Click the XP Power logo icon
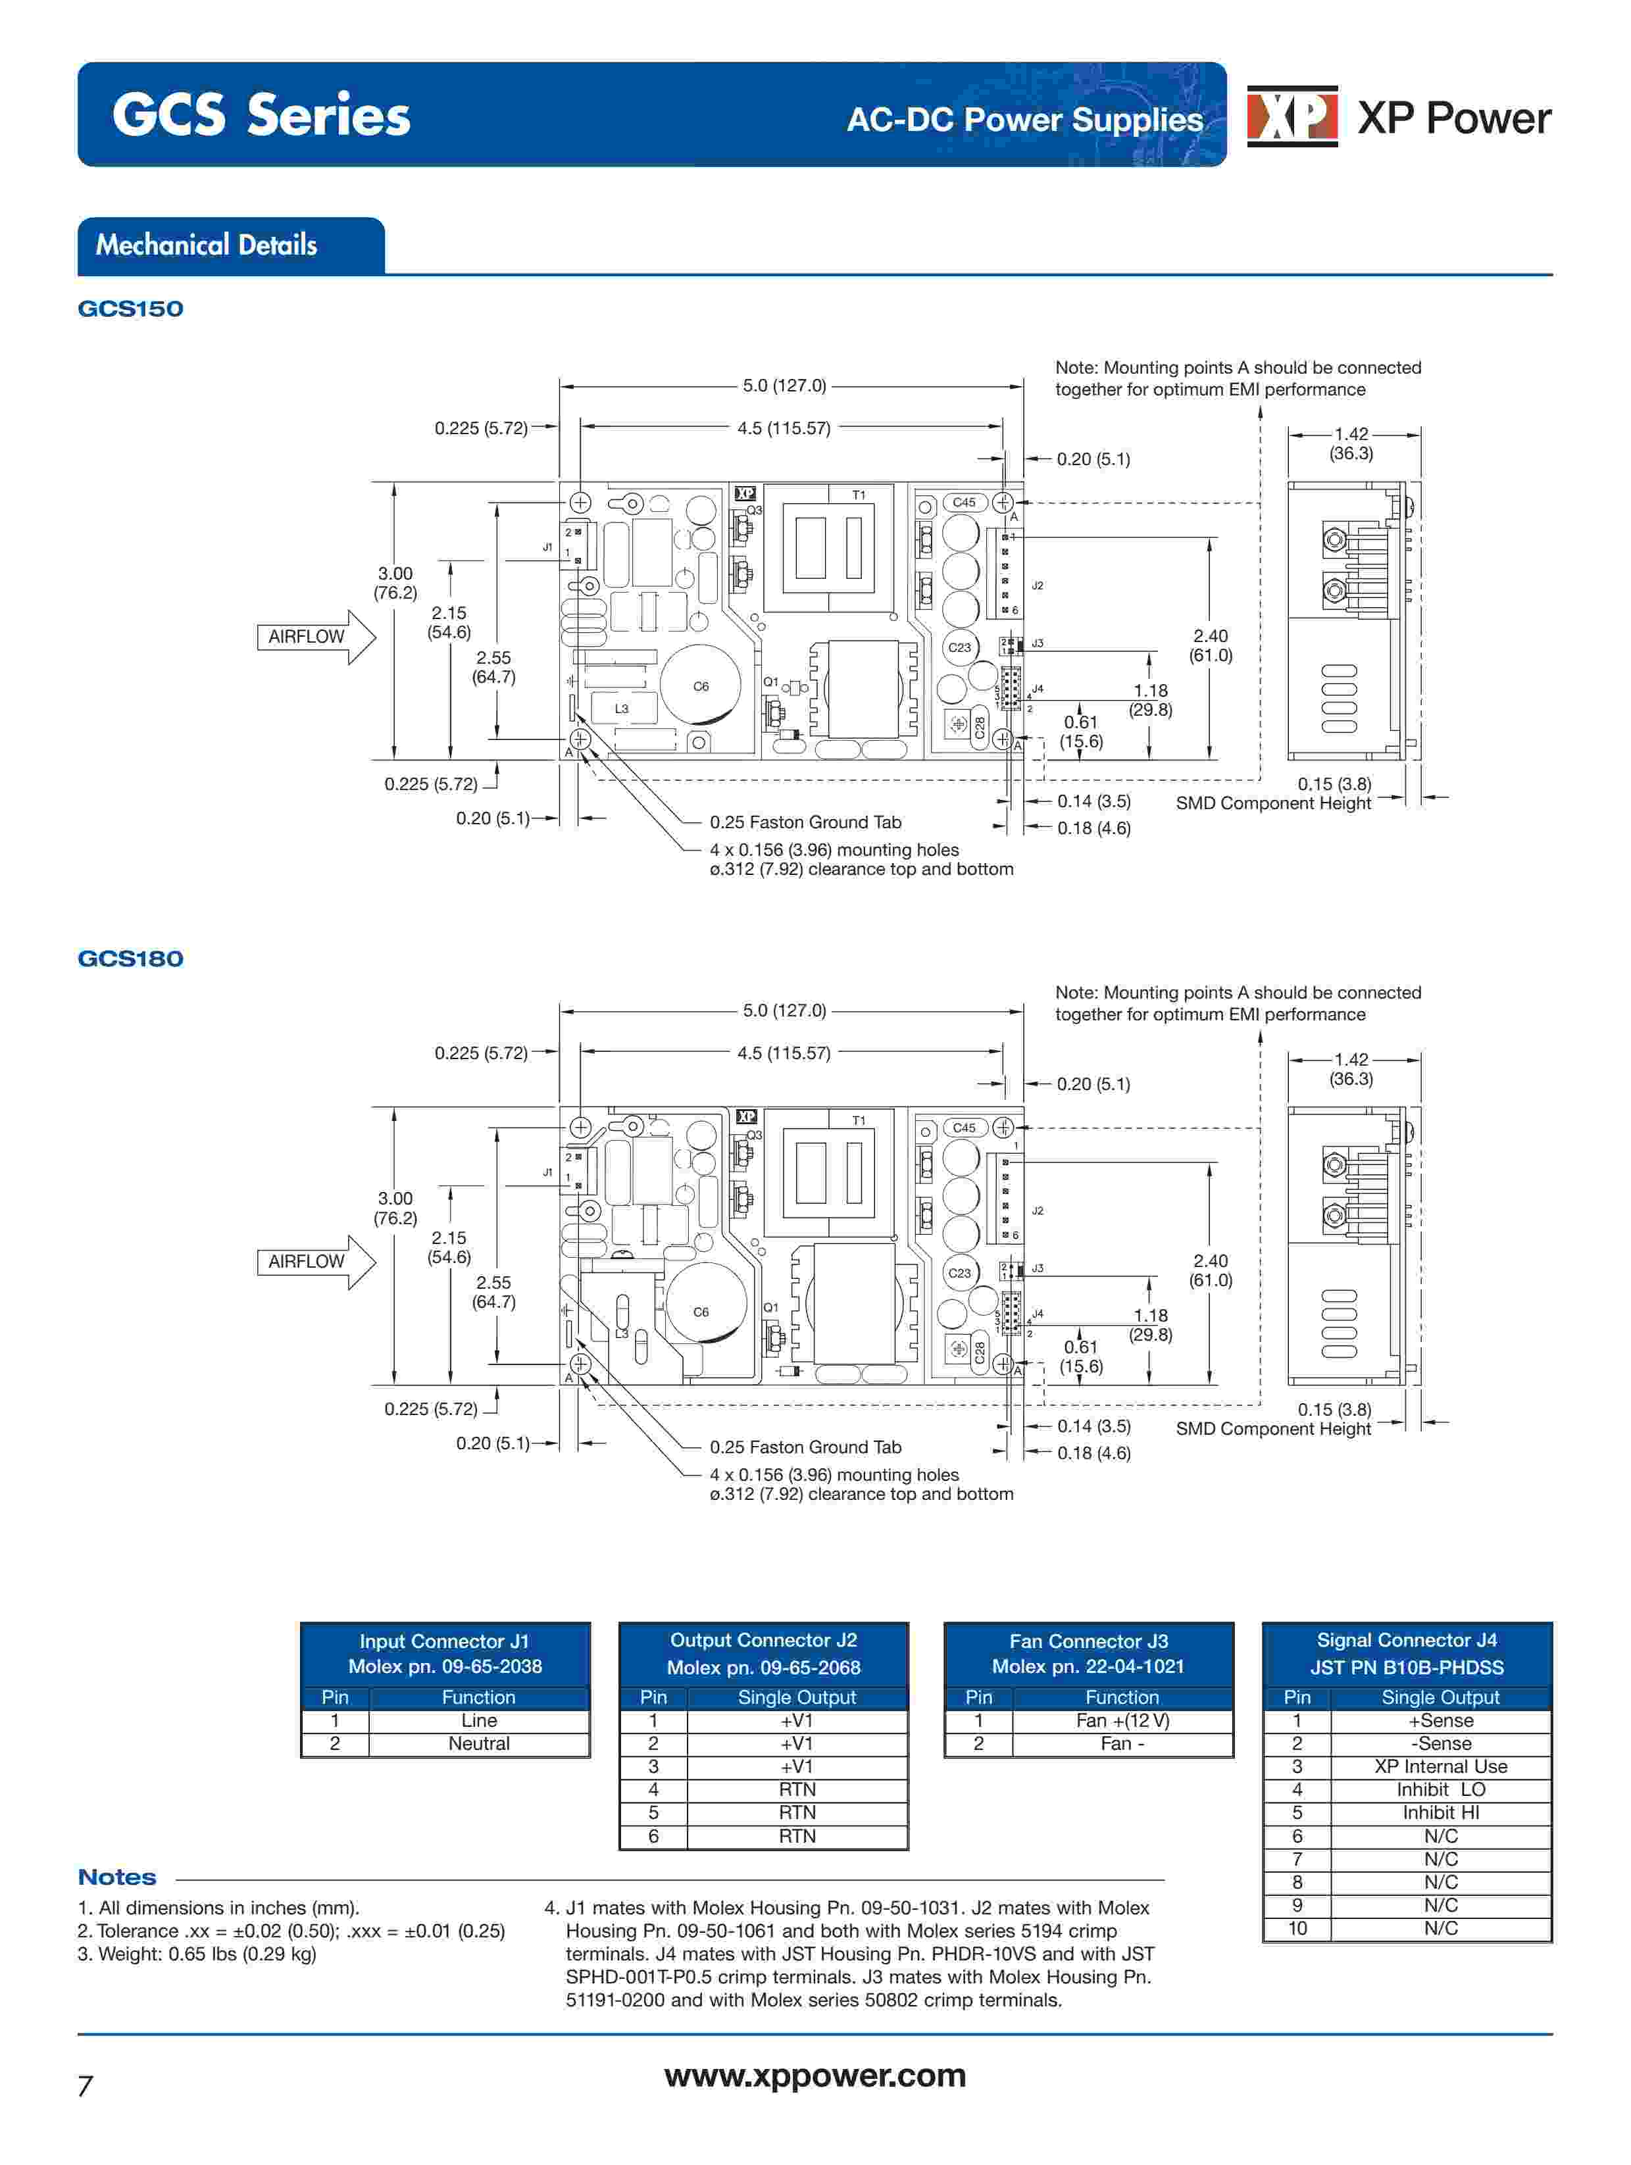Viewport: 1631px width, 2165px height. (1292, 116)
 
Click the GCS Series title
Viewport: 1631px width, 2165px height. (261, 116)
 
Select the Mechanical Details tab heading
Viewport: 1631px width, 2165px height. (207, 245)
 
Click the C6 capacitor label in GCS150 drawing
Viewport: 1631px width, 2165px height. (701, 687)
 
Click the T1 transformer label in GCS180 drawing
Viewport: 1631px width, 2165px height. (859, 1121)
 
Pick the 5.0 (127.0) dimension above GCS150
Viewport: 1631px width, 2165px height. (784, 386)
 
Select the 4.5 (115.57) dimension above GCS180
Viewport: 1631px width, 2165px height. (784, 1053)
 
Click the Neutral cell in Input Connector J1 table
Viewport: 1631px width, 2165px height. (479, 1743)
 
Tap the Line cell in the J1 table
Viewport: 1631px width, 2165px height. (479, 1721)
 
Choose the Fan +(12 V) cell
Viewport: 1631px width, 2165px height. (1122, 1721)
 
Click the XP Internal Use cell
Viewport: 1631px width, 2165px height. (1440, 1766)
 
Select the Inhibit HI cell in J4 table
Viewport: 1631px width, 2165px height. (1440, 1812)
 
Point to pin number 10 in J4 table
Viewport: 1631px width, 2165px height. (1297, 1928)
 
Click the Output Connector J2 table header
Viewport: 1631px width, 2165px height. (764, 1653)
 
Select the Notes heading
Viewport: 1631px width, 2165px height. (116, 1878)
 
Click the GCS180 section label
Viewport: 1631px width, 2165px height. (130, 958)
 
